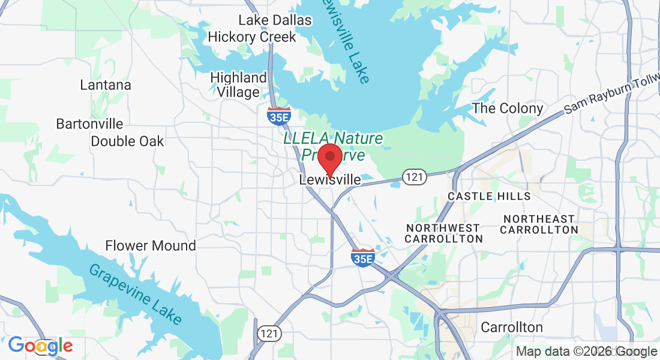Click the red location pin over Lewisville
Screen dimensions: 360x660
tap(329, 158)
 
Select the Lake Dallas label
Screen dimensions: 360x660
tap(275, 20)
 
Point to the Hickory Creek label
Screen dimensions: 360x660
tap(252, 37)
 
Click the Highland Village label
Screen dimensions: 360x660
tap(239, 85)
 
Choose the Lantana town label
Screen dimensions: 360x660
tap(106, 85)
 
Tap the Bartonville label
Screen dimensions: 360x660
tap(89, 124)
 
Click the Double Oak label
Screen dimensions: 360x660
tap(127, 142)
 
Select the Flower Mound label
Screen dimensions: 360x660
tap(151, 245)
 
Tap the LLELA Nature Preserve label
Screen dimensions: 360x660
tap(333, 146)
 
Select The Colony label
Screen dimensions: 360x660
tap(508, 109)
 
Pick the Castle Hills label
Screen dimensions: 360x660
tap(489, 196)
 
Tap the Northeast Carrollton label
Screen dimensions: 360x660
tap(539, 224)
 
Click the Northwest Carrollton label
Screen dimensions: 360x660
tap(443, 233)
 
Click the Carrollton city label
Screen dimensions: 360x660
tap(512, 328)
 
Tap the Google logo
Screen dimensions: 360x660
tap(40, 346)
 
